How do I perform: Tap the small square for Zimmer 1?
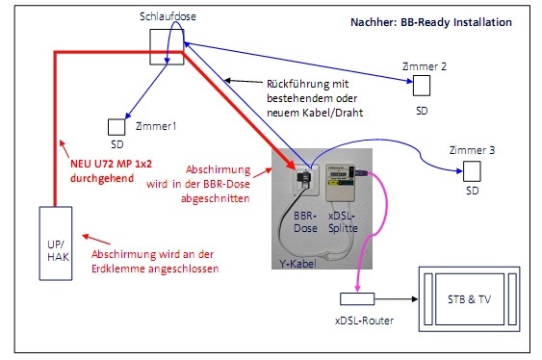click(116, 126)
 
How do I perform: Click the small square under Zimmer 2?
click(423, 87)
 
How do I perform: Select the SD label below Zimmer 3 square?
click(472, 190)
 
